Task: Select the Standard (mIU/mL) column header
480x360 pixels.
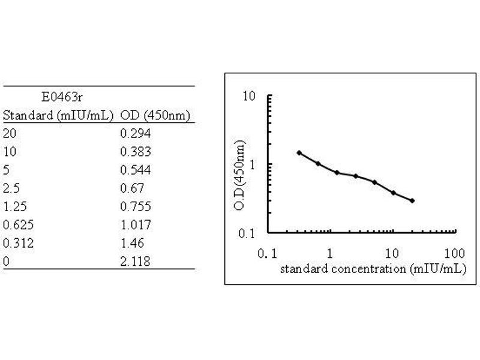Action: click(58, 115)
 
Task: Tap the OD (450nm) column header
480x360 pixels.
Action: click(155, 115)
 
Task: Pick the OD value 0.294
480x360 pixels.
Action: click(135, 133)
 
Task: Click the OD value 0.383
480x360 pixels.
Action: click(135, 152)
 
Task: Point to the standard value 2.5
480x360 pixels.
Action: click(11, 188)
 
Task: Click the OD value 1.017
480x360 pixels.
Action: click(135, 225)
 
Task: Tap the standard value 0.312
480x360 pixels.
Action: click(17, 244)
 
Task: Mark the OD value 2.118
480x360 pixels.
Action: click(135, 262)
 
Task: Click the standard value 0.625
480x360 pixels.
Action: click(17, 225)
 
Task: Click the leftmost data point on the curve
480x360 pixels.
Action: click(299, 153)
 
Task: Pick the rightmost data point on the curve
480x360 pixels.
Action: click(412, 200)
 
